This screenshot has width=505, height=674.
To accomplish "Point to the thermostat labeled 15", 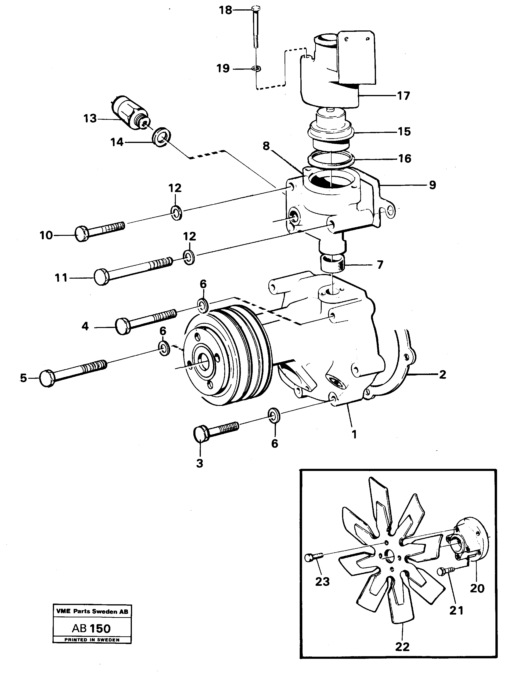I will (331, 130).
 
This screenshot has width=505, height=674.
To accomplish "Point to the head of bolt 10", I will (82, 234).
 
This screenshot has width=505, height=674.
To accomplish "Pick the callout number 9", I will (433, 185).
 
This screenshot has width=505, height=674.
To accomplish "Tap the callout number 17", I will (404, 96).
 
